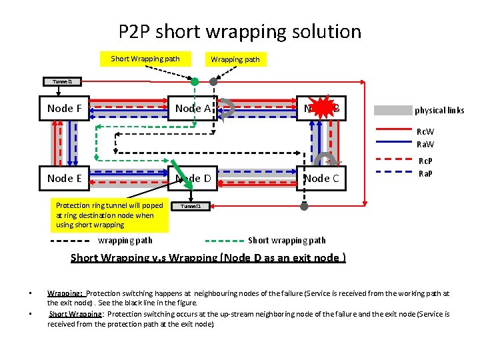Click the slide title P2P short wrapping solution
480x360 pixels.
pyautogui.click(x=240, y=31)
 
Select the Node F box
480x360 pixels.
pyautogui.click(x=65, y=109)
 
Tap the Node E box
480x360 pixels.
pyautogui.click(x=65, y=178)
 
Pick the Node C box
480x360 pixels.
pyautogui.click(x=321, y=178)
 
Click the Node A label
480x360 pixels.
pyautogui.click(x=193, y=108)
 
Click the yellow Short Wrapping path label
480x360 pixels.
pyautogui.click(x=145, y=59)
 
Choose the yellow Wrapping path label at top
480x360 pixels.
pyautogui.click(x=235, y=59)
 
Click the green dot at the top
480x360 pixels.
pyautogui.click(x=195, y=82)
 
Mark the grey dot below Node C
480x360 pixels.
pyautogui.click(x=305, y=207)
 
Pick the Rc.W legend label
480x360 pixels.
pyautogui.click(x=425, y=131)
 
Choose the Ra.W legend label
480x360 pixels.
pyautogui.click(x=425, y=143)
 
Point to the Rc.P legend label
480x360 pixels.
pyautogui.click(x=425, y=161)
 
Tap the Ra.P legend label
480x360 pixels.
pyautogui.click(x=425, y=173)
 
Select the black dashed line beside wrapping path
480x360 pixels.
pyautogui.click(x=71, y=240)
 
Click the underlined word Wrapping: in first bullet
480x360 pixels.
pyautogui.click(x=65, y=293)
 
